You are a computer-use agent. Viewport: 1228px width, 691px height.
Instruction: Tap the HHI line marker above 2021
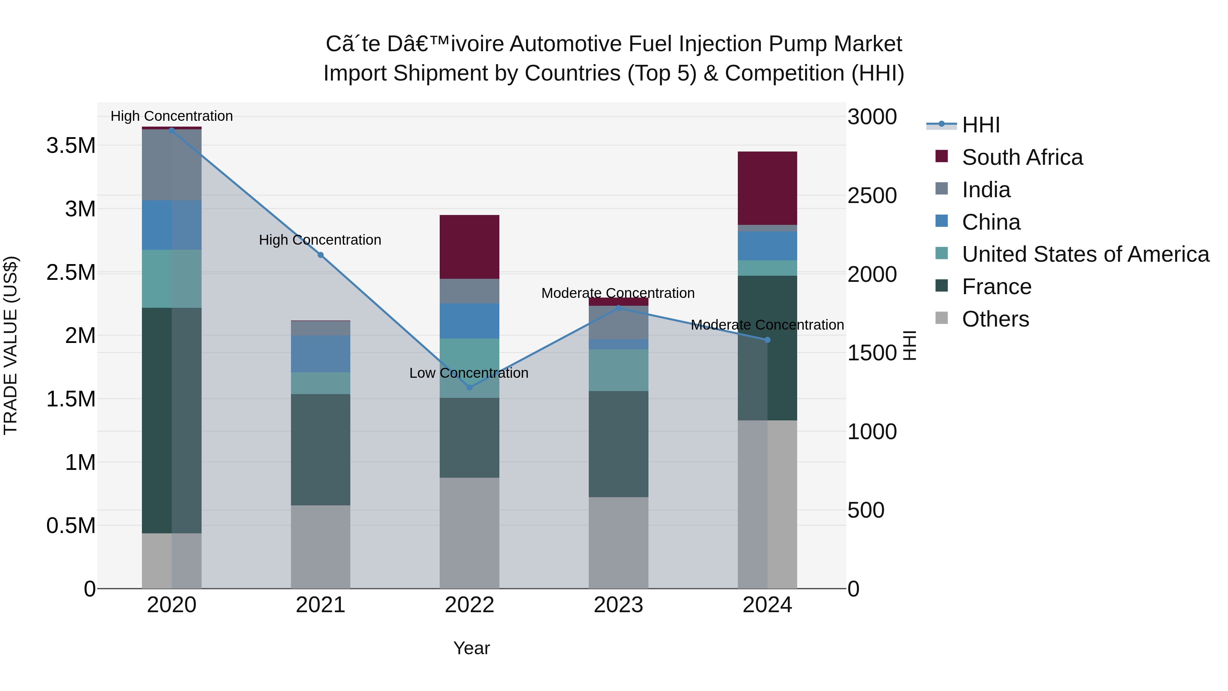[x=320, y=255]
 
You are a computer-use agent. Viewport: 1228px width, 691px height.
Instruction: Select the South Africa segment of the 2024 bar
[x=767, y=188]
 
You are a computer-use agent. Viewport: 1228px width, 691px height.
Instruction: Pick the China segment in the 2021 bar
[x=320, y=354]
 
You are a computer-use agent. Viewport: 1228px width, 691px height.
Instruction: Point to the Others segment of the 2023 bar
[x=618, y=543]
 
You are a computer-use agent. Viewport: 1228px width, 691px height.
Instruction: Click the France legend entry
[x=996, y=287]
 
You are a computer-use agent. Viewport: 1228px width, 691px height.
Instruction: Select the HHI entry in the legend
[x=981, y=125]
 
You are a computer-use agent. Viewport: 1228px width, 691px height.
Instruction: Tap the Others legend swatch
[x=941, y=318]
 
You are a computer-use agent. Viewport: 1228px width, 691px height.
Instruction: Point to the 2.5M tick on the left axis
[x=71, y=272]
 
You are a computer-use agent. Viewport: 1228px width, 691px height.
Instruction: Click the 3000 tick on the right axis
[x=872, y=117]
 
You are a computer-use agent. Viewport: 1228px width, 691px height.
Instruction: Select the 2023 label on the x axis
[x=618, y=605]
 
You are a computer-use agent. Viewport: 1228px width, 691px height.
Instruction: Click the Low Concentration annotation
[x=469, y=373]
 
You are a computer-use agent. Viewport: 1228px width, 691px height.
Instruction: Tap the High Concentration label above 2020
[x=172, y=116]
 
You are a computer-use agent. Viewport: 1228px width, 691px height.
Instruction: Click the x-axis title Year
[x=471, y=648]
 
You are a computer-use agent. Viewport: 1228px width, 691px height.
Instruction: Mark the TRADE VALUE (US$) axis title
[x=11, y=345]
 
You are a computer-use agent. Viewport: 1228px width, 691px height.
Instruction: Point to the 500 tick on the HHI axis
[x=866, y=510]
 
